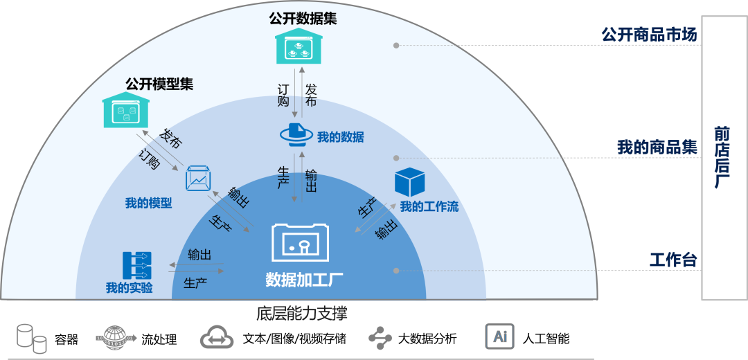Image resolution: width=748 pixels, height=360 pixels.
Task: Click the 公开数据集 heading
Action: pyautogui.click(x=303, y=19)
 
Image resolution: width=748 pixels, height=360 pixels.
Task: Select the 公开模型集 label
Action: pyautogui.click(x=159, y=84)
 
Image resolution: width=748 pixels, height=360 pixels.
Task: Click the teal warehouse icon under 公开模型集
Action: pyautogui.click(x=126, y=111)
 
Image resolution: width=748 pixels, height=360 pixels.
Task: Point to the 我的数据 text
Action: pyautogui.click(x=340, y=137)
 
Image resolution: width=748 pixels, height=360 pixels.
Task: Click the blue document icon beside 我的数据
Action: pyautogui.click(x=296, y=133)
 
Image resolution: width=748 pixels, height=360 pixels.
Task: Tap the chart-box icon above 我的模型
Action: pyautogui.click(x=198, y=179)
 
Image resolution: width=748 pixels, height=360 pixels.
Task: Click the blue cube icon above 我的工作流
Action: pyautogui.click(x=409, y=181)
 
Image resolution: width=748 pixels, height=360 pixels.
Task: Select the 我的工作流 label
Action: pyautogui.click(x=429, y=206)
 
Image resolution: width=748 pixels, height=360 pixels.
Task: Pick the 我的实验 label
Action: pyautogui.click(x=129, y=287)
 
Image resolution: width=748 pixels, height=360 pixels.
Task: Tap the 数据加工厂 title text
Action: pyautogui.click(x=304, y=279)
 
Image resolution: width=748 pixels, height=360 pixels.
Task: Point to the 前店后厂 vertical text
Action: pyautogui.click(x=722, y=157)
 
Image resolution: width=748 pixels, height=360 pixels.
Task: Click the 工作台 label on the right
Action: pyautogui.click(x=673, y=260)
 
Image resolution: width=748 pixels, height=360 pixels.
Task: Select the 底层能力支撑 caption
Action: pyautogui.click(x=302, y=314)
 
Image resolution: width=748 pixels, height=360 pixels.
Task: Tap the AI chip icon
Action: pyautogui.click(x=499, y=337)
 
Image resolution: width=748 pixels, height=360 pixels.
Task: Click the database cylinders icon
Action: pyautogui.click(x=32, y=338)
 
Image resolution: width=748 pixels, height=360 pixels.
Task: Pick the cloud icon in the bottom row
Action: pyautogui.click(x=217, y=337)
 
